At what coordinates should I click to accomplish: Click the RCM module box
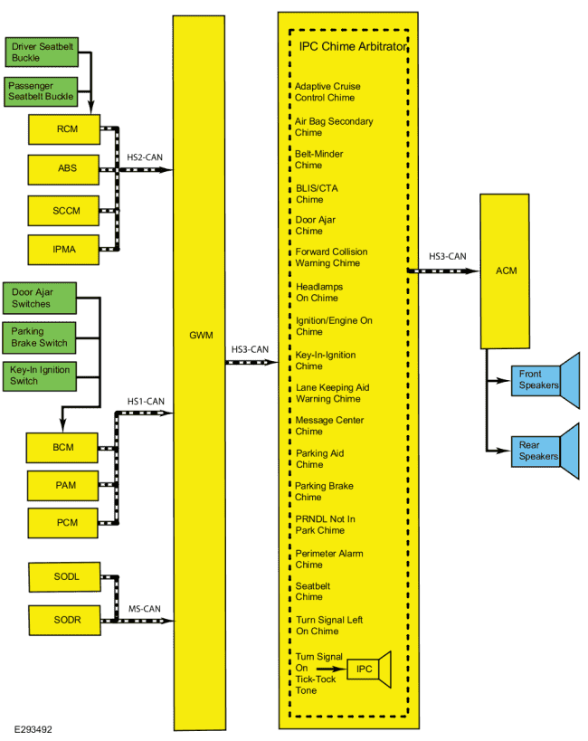pyautogui.click(x=64, y=129)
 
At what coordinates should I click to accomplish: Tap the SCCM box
pyautogui.click(x=63, y=211)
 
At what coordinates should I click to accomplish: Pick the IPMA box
pyautogui.click(x=63, y=250)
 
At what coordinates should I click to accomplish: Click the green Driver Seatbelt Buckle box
pyautogui.click(x=43, y=52)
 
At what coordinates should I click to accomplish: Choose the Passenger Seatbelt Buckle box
pyautogui.click(x=41, y=91)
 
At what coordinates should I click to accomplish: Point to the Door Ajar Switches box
pyautogui.click(x=40, y=299)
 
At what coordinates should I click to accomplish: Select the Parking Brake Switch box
pyautogui.click(x=39, y=337)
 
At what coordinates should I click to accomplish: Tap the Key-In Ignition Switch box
pyautogui.click(x=40, y=376)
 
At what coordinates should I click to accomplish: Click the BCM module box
pyautogui.click(x=62, y=448)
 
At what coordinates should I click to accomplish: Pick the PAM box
pyautogui.click(x=62, y=485)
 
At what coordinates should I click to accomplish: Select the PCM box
pyautogui.click(x=62, y=523)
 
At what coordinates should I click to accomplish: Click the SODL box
pyautogui.click(x=64, y=576)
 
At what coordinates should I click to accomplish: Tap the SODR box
pyautogui.click(x=65, y=620)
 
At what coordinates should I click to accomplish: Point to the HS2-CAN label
pyautogui.click(x=145, y=157)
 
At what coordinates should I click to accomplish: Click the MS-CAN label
pyautogui.click(x=145, y=609)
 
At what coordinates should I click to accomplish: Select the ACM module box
pyautogui.click(x=505, y=271)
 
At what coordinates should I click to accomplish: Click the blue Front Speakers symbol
pyautogui.click(x=545, y=380)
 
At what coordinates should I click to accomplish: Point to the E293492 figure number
pyautogui.click(x=33, y=729)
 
